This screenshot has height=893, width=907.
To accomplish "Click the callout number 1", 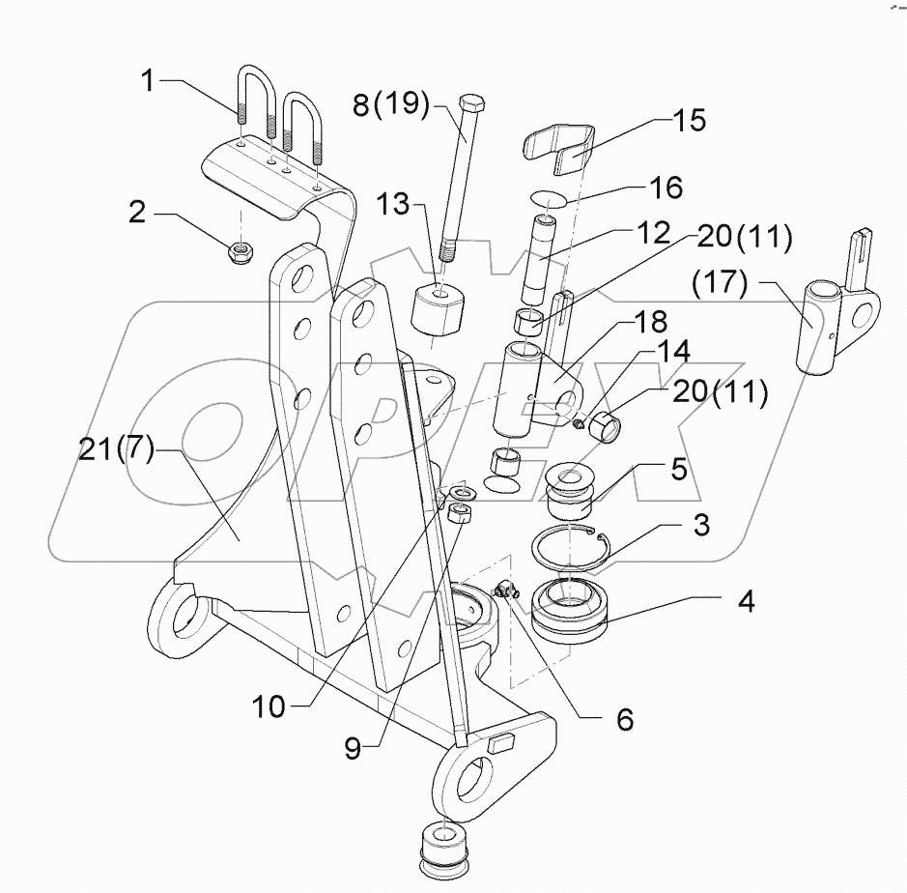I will pos(148,81).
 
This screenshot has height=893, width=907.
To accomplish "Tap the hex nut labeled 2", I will pos(239,254).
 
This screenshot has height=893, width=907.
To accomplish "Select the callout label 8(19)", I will pos(390,103).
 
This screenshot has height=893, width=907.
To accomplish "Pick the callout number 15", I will pos(690,121).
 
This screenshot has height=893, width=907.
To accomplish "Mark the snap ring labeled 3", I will pos(572,548).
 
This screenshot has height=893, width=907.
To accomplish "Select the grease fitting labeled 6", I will pos(505,588).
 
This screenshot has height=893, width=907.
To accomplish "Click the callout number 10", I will pos(271,707).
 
